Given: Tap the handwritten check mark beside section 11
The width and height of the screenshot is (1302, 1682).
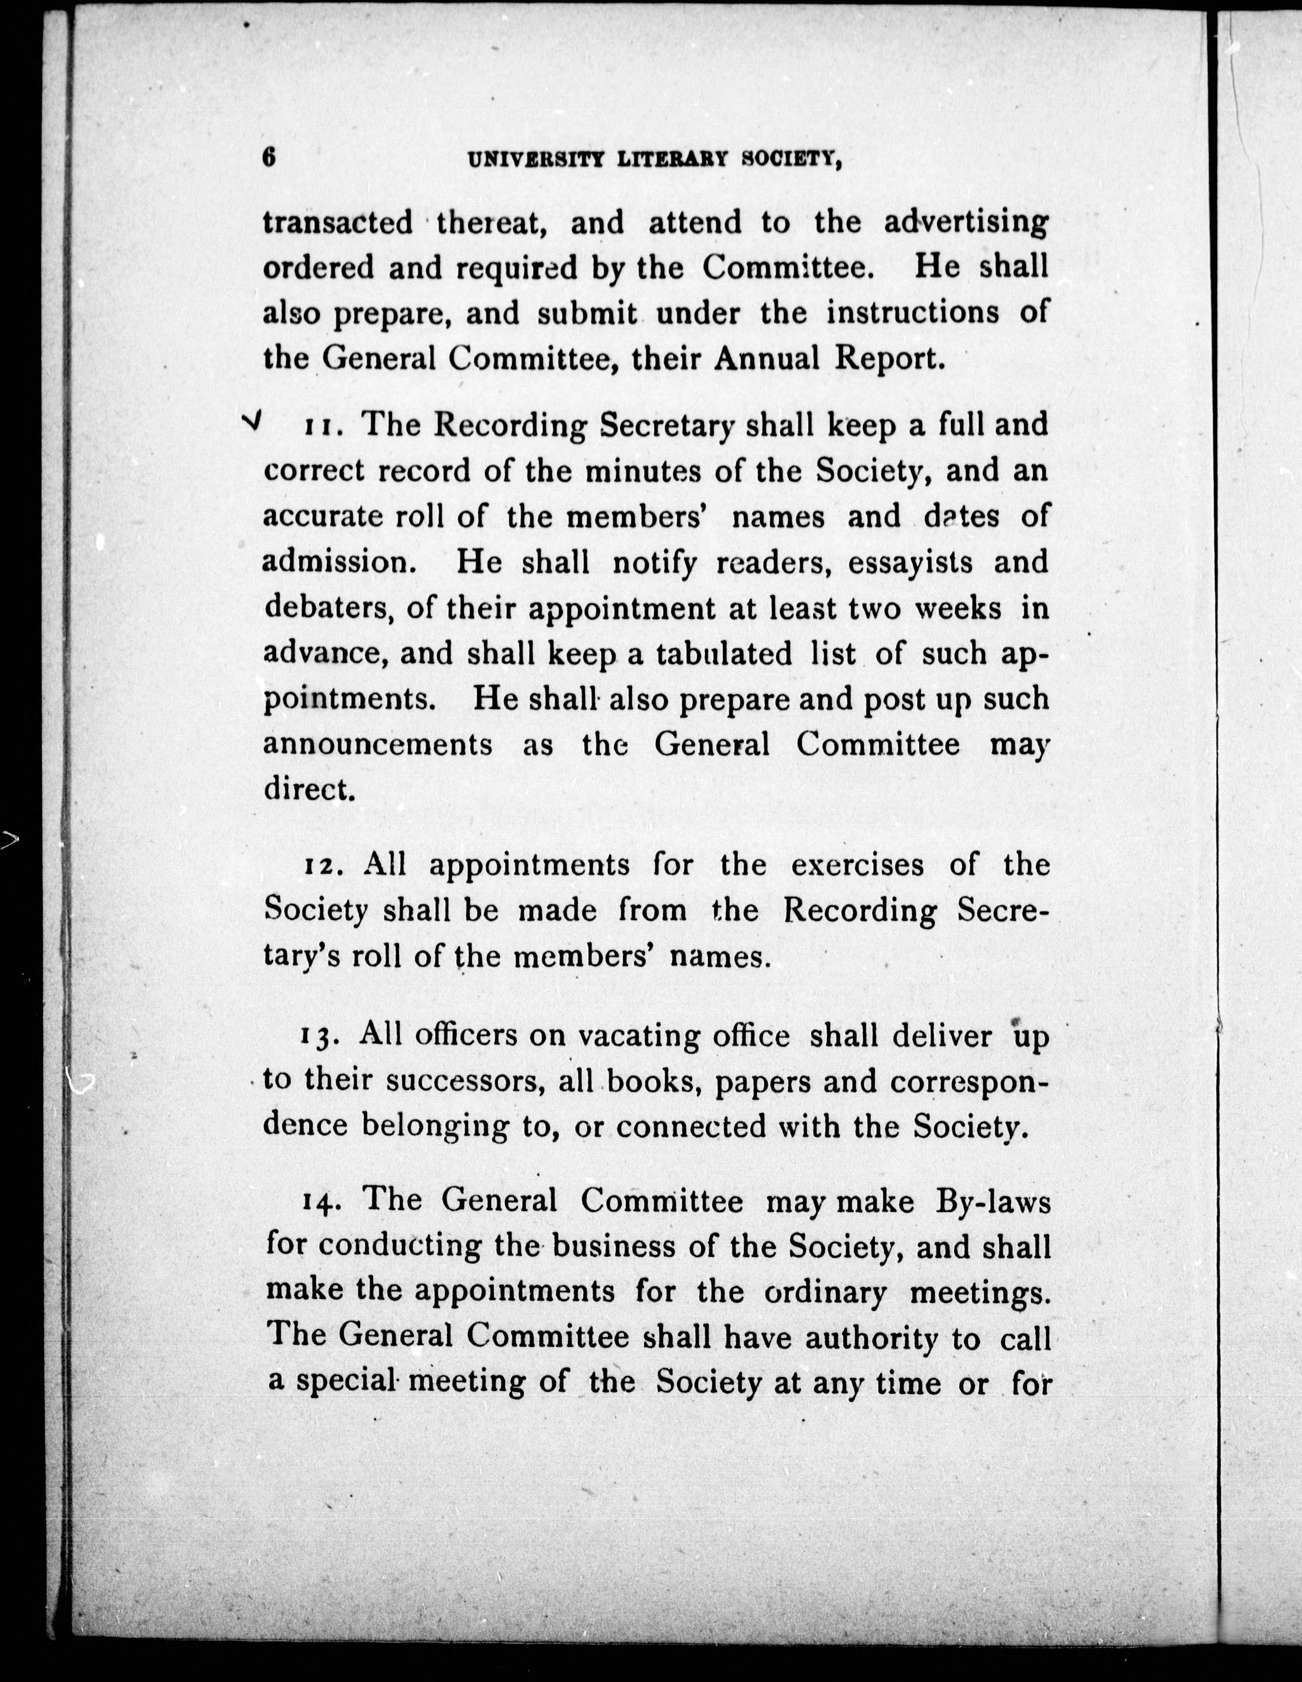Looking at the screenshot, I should (x=252, y=420).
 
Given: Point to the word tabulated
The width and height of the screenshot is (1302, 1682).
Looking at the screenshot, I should (x=723, y=654).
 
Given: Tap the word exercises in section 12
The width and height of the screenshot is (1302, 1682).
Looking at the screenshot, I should (x=856, y=865).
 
